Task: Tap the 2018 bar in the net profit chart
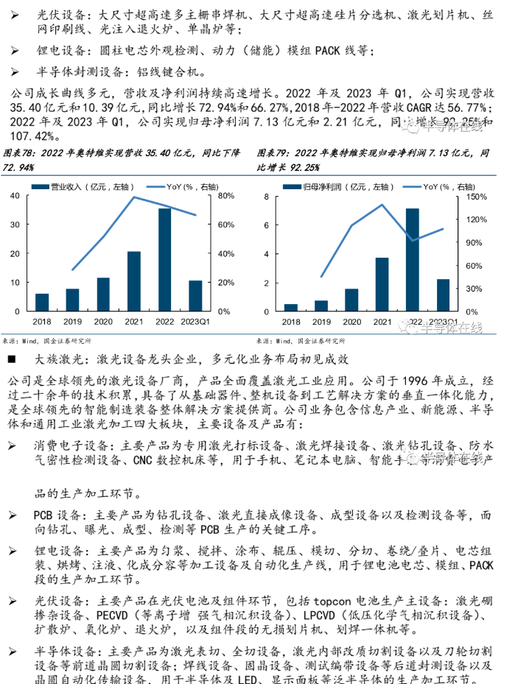291,307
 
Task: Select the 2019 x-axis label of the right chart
322,322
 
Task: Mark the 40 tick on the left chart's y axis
15,196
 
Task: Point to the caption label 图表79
273,153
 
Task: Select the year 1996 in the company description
421,381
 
